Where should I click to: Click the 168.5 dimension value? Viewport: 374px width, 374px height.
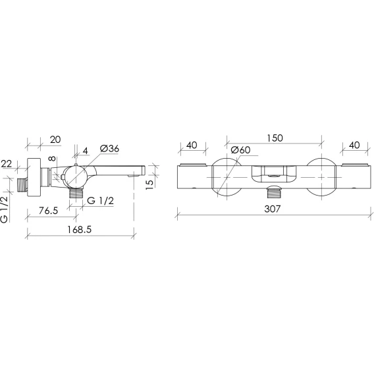(80, 230)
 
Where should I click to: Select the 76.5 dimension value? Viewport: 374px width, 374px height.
(49, 211)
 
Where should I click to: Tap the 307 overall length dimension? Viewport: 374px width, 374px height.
(273, 209)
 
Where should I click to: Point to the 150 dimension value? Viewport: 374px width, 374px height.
(275, 138)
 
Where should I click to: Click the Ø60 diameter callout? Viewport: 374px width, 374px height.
(241, 149)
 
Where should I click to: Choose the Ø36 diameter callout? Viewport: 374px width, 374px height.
(109, 149)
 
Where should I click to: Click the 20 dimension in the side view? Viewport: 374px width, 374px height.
(55, 140)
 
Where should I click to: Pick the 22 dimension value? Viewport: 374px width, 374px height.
(7, 164)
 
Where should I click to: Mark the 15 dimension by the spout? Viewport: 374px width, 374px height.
(149, 184)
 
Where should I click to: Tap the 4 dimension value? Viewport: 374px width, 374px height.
(85, 151)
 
